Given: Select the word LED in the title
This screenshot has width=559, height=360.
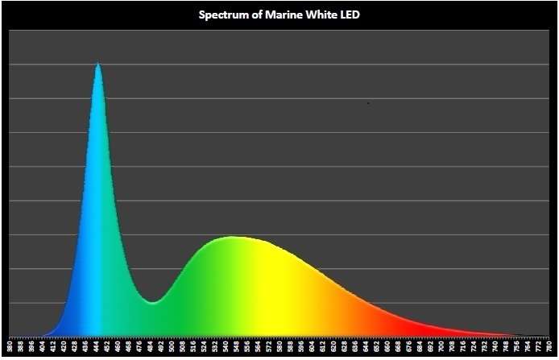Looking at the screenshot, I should [x=348, y=14].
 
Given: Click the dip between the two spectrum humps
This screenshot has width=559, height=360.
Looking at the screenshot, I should [x=154, y=302].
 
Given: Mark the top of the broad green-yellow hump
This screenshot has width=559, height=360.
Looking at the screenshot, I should [x=233, y=237].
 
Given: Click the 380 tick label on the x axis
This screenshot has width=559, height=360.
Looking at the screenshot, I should [x=10, y=347].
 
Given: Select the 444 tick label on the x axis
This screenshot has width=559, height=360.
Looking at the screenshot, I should [x=97, y=347].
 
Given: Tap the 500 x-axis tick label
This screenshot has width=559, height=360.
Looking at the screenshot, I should [x=172, y=347].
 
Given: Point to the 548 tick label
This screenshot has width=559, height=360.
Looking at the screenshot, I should [x=237, y=347].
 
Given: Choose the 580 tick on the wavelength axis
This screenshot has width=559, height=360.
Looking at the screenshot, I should [x=279, y=347].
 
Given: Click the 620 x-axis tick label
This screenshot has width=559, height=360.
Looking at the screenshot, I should [x=333, y=347].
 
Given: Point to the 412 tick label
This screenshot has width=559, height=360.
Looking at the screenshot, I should [x=53, y=347].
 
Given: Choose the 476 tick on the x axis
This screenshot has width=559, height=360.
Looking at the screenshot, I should [x=139, y=347].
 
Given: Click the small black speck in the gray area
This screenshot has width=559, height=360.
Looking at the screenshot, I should [x=368, y=103].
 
